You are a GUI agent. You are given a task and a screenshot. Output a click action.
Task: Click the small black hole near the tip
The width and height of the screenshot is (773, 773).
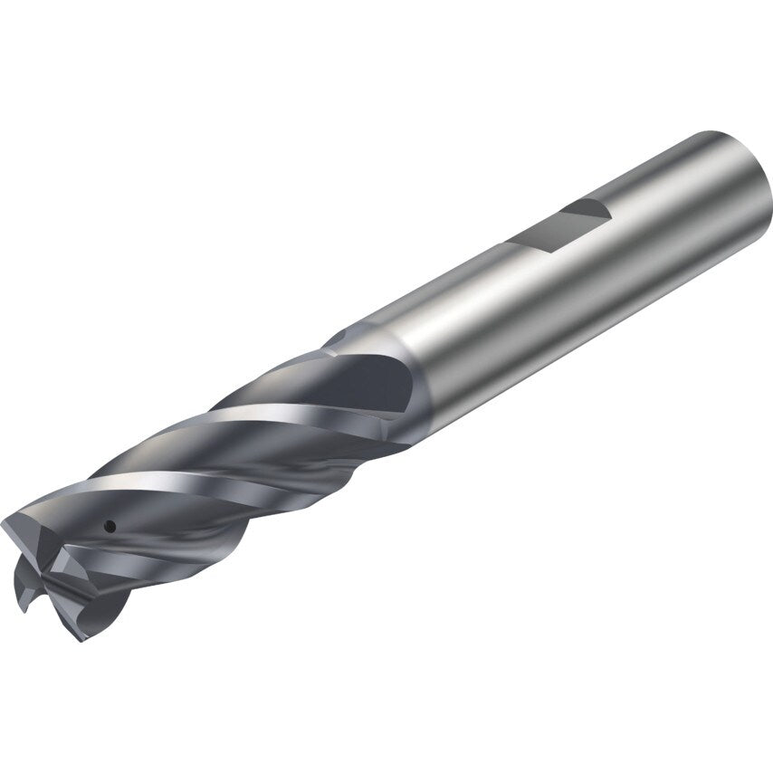(109, 524)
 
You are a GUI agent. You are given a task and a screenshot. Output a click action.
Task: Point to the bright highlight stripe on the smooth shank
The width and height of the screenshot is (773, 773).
(507, 299)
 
